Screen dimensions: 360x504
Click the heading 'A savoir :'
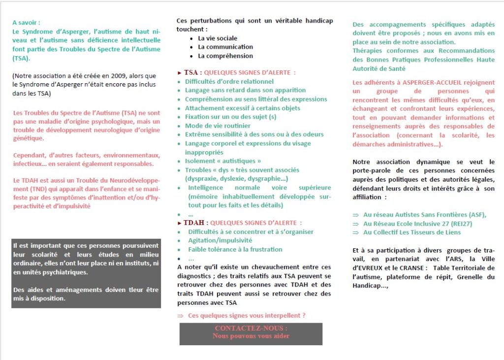click(x=26, y=22)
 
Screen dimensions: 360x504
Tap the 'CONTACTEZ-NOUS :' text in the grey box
click(x=251, y=328)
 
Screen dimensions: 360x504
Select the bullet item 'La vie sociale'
click(x=218, y=38)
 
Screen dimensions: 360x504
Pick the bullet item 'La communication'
click(x=225, y=47)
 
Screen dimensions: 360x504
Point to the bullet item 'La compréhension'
click(x=225, y=56)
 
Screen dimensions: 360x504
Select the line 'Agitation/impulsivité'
click(x=220, y=240)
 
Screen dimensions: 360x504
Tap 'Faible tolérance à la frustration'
click(x=235, y=249)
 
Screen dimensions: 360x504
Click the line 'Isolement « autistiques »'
click(x=223, y=161)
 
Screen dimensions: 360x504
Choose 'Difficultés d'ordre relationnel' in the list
click(x=229, y=81)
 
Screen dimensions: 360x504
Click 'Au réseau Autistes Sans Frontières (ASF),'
click(x=425, y=214)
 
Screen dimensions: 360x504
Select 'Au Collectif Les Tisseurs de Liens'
click(x=412, y=232)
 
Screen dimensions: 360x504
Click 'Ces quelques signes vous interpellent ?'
click(x=247, y=315)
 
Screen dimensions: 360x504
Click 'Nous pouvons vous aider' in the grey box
click(x=251, y=336)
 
